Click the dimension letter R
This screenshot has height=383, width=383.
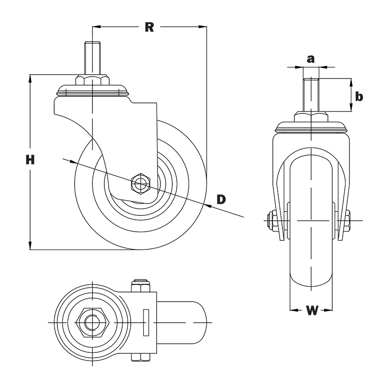[x=149, y=27]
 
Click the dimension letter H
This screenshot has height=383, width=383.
[x=30, y=160]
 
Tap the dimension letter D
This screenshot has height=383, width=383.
[x=221, y=199]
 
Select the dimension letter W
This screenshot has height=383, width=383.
[x=312, y=310]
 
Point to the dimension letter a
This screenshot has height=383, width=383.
[x=310, y=59]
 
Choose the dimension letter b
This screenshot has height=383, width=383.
[x=359, y=96]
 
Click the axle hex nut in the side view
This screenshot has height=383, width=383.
[x=141, y=184]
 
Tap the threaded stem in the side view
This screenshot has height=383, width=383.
[x=92, y=58]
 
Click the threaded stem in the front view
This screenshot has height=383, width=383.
[x=311, y=95]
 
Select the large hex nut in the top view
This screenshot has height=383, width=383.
[x=92, y=322]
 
